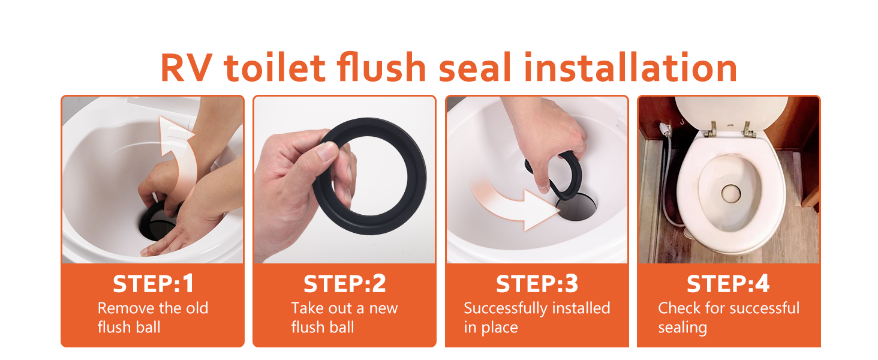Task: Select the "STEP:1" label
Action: (x=153, y=284)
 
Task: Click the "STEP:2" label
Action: (x=344, y=284)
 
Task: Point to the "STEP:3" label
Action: (x=537, y=284)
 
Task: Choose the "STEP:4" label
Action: (x=728, y=284)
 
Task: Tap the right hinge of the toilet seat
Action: (x=748, y=128)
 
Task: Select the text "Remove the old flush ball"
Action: (x=153, y=317)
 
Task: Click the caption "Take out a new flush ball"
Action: (x=344, y=317)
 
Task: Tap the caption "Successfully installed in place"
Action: (x=537, y=317)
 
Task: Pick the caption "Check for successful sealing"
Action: (x=728, y=317)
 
